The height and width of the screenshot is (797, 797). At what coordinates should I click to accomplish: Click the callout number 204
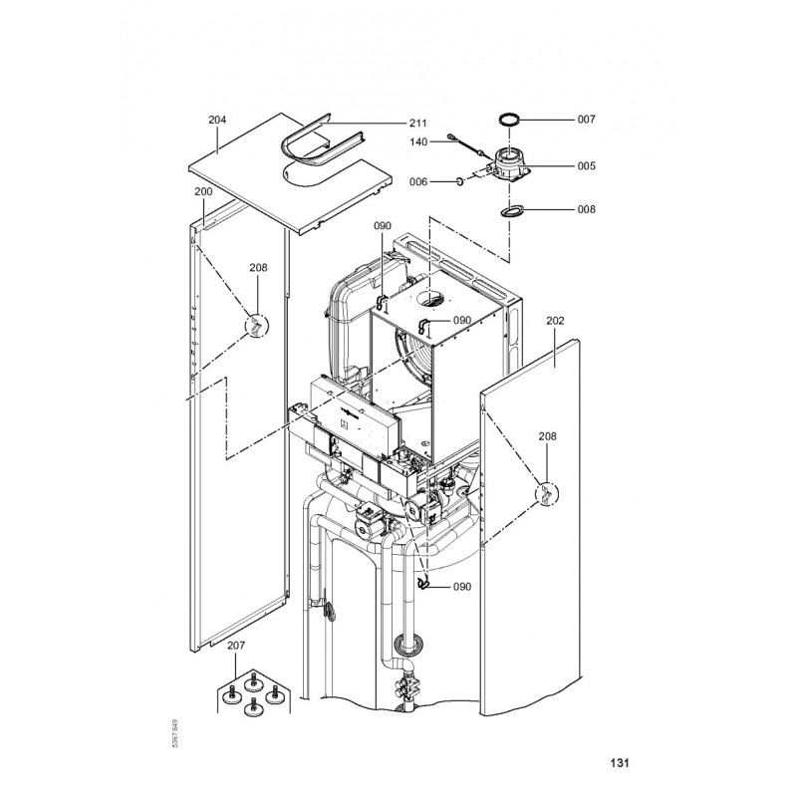[x=217, y=120]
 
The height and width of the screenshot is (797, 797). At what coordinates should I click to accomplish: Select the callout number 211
[x=418, y=123]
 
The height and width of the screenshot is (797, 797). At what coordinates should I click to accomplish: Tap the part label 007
[x=586, y=119]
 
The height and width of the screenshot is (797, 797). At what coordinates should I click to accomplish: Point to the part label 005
[x=586, y=166]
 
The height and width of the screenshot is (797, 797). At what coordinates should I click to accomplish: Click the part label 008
[x=586, y=209]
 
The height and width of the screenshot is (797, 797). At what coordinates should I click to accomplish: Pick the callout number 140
[x=419, y=142]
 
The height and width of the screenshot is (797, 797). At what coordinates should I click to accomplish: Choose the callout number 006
[x=419, y=181]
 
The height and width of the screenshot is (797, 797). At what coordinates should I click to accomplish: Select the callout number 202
[x=556, y=321]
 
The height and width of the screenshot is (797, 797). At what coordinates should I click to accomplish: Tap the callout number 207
[x=235, y=647]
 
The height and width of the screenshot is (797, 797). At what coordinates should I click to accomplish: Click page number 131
[x=619, y=764]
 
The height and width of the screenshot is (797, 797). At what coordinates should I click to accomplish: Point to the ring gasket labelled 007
[x=511, y=121]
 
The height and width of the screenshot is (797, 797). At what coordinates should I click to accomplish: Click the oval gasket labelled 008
[x=514, y=210]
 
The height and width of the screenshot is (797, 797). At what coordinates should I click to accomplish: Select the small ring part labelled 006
[x=458, y=181]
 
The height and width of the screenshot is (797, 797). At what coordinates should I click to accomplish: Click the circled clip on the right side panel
[x=548, y=494]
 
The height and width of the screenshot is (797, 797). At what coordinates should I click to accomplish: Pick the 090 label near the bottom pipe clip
[x=461, y=587]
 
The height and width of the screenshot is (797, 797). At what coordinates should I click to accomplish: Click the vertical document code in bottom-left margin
[x=175, y=735]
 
